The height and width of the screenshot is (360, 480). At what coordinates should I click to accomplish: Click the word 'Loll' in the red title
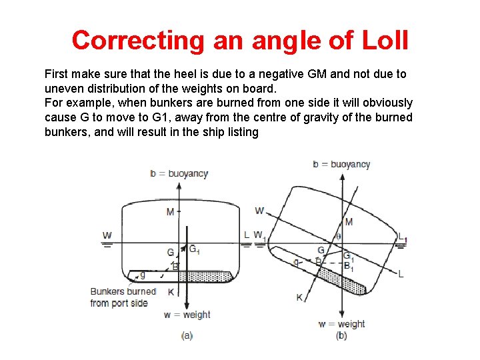point(384,41)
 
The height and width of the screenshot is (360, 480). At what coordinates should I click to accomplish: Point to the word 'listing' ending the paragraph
point(241,132)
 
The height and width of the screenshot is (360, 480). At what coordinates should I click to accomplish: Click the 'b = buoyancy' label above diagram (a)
point(179,173)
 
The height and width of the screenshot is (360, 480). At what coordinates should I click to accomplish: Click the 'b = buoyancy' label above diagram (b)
point(341,164)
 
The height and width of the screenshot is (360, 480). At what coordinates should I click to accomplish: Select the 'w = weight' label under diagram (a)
point(187,315)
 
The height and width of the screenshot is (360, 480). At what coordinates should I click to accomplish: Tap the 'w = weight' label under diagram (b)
point(341,324)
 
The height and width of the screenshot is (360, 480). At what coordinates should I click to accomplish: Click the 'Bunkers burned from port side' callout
point(123,297)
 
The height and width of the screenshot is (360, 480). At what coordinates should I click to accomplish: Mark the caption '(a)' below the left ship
point(187,335)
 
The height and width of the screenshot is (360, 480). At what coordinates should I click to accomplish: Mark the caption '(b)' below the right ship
point(341,335)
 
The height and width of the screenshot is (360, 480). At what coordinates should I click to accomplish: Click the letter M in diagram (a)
point(171,212)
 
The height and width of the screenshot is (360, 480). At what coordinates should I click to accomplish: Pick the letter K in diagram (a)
point(171,292)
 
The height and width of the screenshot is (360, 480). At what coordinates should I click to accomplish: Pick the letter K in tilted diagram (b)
point(300,297)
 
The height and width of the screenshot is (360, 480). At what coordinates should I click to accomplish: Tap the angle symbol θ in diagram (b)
point(337,236)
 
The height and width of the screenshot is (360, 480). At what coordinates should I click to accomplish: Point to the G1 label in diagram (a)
point(194,249)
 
